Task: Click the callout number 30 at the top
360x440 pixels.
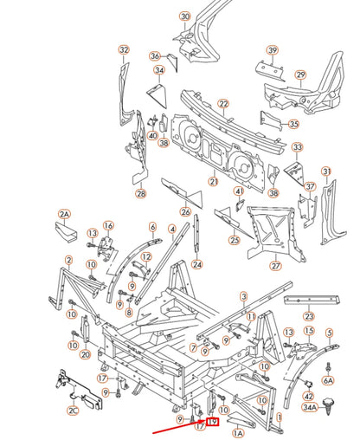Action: tap(184, 16)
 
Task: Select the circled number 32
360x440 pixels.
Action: tap(124, 49)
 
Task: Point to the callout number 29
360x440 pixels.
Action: tap(300, 75)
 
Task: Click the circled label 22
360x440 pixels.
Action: tap(222, 104)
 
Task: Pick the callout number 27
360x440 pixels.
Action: tap(276, 266)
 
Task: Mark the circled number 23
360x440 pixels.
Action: tap(309, 317)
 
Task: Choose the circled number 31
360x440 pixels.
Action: tap(326, 171)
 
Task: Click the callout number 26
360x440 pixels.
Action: tap(185, 211)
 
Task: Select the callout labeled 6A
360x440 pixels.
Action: tap(328, 379)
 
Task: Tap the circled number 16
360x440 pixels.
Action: tap(109, 226)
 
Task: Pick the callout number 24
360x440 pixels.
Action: tap(197, 264)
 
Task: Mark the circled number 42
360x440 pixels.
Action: tap(309, 394)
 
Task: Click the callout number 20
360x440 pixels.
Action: tap(85, 355)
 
